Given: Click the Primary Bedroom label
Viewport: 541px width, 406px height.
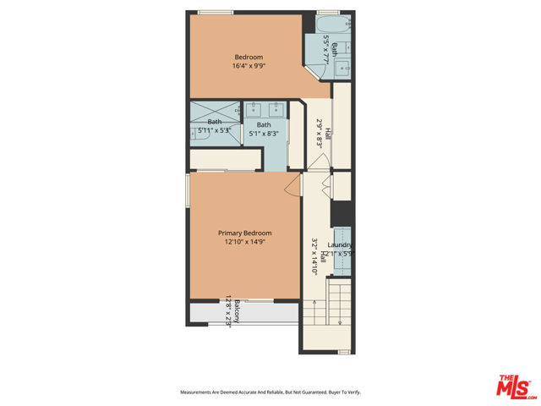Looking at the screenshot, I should (245, 233).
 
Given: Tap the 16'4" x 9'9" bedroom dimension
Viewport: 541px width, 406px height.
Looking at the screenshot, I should (245, 66).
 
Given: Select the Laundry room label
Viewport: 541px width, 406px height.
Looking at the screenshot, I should (340, 245).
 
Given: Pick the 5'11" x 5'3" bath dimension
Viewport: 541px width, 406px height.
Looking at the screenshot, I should (214, 131).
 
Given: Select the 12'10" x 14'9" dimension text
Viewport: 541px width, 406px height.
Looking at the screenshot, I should (245, 242).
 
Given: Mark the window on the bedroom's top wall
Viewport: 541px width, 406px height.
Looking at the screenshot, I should (216, 12).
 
